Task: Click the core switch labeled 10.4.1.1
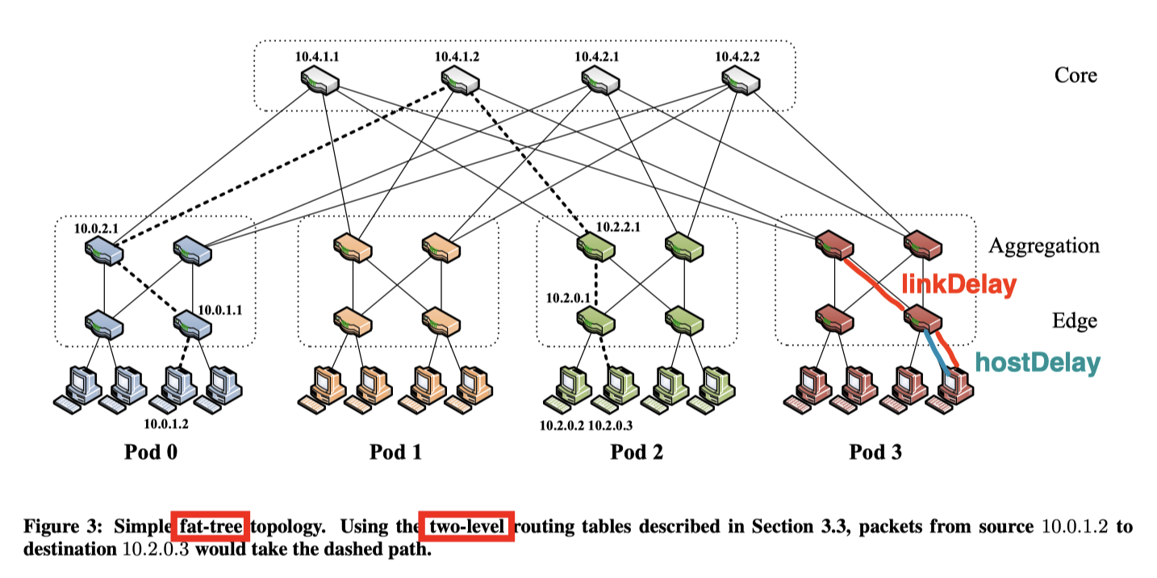320,81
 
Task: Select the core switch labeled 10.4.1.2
460,81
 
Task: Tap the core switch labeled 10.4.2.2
741,81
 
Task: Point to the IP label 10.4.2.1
598,57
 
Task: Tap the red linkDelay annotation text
958,284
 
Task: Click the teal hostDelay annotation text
1037,363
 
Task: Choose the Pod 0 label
151,451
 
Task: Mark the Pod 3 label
875,451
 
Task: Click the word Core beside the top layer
1076,75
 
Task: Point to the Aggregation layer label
1044,245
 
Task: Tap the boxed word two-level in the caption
466,527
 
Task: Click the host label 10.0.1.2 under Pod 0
166,423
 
